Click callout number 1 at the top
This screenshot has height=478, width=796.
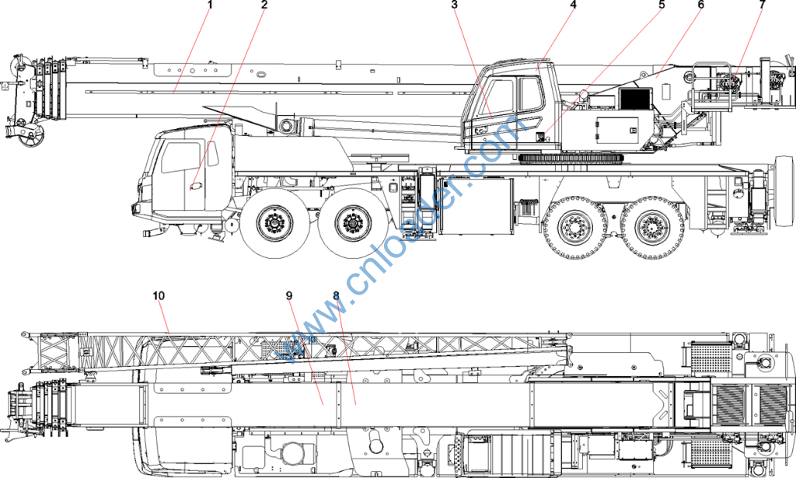210,5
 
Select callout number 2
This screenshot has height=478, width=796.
264,5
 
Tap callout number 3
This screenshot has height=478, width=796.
454,5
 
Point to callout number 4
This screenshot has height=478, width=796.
573,5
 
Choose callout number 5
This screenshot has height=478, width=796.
662,5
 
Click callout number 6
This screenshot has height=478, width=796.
701,5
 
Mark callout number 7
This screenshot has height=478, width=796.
762,5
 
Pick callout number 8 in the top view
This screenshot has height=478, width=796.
336,296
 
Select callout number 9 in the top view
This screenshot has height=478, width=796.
289,296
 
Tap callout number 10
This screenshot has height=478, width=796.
159,296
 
